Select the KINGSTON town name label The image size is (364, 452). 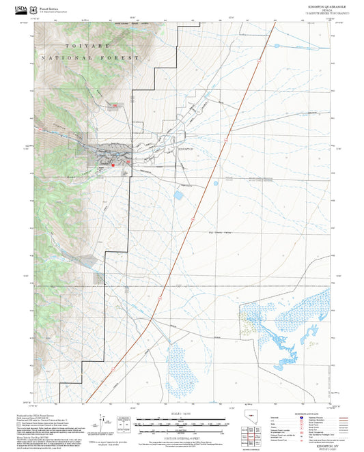pos(185,148)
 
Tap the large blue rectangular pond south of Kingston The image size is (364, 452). pos(178,195)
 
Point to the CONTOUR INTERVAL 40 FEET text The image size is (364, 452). pos(182,436)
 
